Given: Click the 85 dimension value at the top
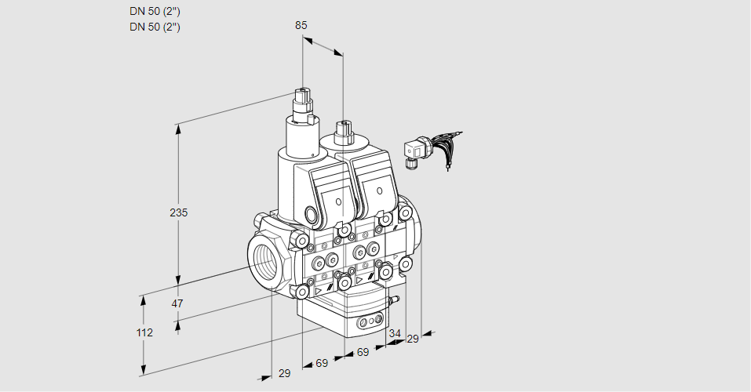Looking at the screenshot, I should (x=301, y=25).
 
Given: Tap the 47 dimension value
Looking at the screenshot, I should (x=177, y=303).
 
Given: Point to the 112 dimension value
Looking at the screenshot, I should (x=144, y=332).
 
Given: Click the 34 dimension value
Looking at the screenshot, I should (x=394, y=333).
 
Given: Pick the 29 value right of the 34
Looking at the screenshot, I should (x=413, y=338).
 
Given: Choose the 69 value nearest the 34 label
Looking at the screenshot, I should (x=363, y=352).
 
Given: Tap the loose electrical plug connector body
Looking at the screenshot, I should (x=414, y=150).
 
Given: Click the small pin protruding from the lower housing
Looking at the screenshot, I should (x=396, y=299).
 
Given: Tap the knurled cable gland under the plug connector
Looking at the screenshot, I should (x=410, y=164).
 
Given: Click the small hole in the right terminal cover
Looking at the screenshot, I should (x=380, y=191).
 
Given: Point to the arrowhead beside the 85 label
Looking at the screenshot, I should (x=338, y=53).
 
